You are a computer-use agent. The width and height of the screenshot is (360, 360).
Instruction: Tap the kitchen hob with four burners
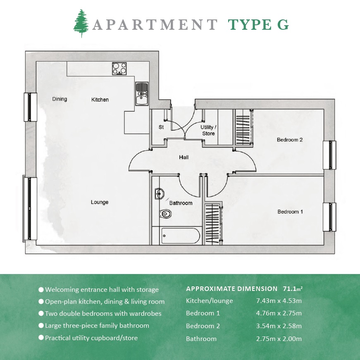[119, 68]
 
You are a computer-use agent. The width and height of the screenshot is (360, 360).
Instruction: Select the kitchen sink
[142, 93]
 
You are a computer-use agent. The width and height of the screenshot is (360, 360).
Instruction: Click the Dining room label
[60, 99]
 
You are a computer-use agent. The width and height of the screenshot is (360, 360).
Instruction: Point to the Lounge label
[100, 202]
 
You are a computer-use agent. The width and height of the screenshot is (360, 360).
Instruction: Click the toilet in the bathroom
[166, 214]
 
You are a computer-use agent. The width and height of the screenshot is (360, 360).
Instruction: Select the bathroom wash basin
[159, 193]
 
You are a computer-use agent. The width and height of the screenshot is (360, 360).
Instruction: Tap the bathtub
[181, 236]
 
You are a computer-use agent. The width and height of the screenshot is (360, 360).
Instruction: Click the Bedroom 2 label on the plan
[290, 140]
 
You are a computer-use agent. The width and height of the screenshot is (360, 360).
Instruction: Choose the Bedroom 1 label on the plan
[290, 212]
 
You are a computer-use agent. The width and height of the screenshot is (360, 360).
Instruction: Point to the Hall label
[184, 157]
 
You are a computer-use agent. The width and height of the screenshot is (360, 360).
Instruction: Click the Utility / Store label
[208, 130]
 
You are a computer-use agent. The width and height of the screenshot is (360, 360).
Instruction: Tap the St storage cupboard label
[161, 127]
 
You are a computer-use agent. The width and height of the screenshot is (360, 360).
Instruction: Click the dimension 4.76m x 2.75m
[279, 313]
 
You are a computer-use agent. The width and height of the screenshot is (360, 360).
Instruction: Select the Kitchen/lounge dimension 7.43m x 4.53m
[279, 300]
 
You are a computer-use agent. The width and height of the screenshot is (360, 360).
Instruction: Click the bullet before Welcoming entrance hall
[41, 289]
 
